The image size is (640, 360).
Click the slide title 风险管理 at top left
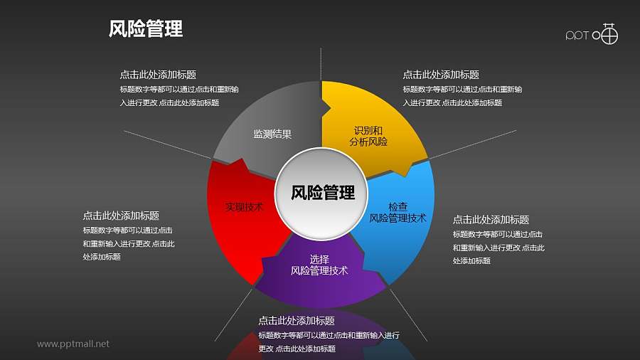point(146,28)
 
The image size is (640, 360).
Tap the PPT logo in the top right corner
point(592,34)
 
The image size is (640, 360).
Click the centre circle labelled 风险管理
point(323,193)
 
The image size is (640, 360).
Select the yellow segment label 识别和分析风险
point(368,136)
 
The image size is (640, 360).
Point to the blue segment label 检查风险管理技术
point(398,212)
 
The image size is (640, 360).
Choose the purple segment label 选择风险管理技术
point(319,265)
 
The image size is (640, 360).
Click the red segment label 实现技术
point(244,207)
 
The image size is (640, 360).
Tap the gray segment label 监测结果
point(272,134)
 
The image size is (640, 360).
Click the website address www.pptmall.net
point(73,344)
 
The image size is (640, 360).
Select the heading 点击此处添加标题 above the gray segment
point(158,75)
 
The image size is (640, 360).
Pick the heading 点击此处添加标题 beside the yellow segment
point(440,75)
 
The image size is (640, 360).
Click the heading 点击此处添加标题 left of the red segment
point(121,216)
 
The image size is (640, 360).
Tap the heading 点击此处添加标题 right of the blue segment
point(491,220)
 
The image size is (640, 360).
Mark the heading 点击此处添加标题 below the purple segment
point(297,321)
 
